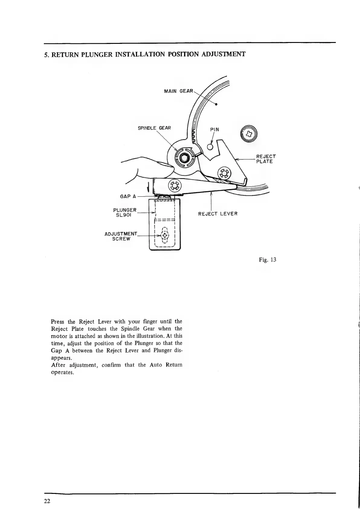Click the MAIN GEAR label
(178, 91)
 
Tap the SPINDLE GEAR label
(154, 128)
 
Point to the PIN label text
(214, 129)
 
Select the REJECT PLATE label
(266, 159)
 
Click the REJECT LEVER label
(218, 214)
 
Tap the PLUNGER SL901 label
(125, 212)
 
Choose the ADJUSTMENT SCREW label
(121, 236)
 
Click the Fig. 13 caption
(268, 260)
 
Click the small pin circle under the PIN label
(210, 147)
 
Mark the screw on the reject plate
(224, 174)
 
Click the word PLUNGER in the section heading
(97, 55)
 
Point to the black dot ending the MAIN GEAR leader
(217, 105)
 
